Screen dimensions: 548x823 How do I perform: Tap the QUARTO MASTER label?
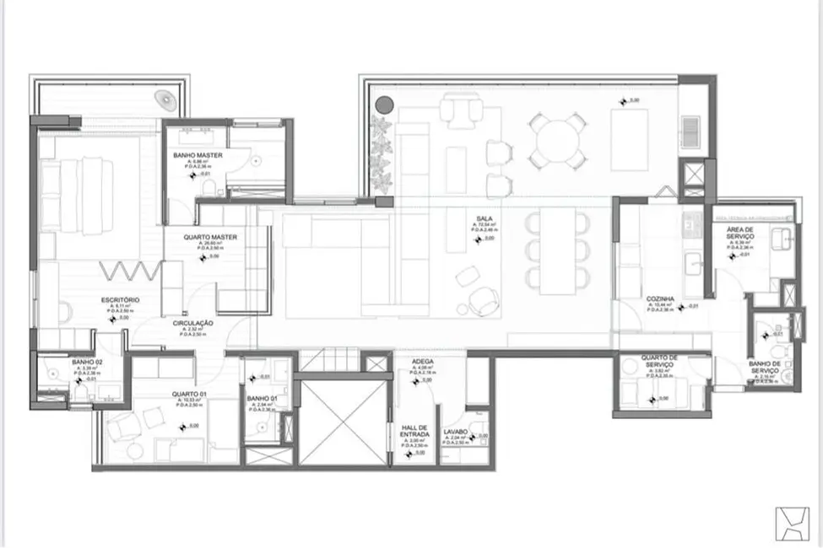210,238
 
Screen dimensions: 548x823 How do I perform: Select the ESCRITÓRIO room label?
120,300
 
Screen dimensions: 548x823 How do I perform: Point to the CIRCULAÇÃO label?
192,323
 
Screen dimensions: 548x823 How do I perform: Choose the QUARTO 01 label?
190,395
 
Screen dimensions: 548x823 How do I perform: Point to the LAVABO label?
457,432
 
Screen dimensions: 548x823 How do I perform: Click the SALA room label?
482,218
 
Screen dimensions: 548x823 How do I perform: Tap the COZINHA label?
659,298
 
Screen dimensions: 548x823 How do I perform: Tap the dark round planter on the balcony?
384,105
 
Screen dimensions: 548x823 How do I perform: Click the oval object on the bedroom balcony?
168,100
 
